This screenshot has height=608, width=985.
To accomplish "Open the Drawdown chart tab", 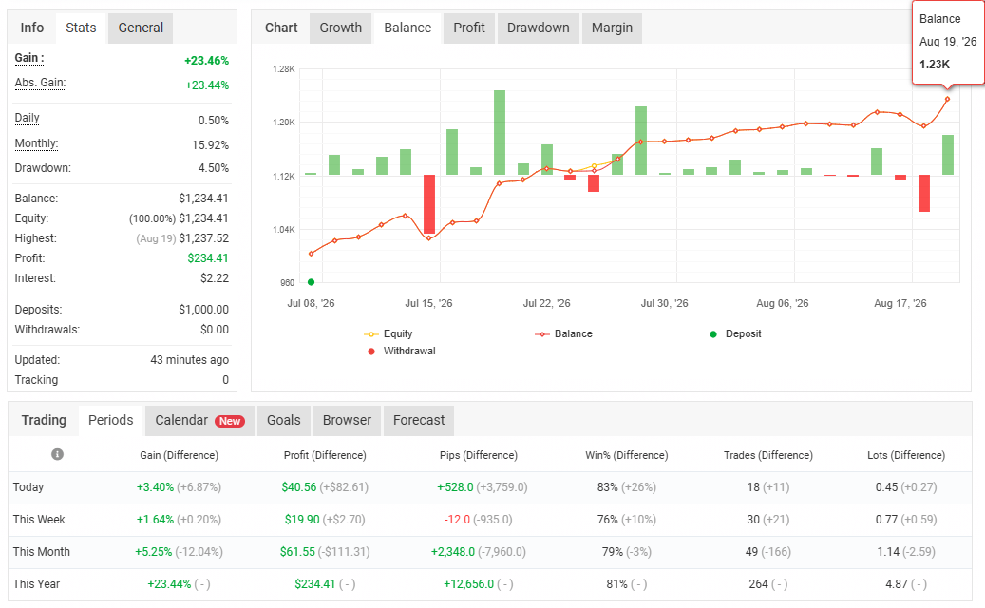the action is tap(539, 28).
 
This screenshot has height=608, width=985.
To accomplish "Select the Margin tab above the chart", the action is tap(612, 28).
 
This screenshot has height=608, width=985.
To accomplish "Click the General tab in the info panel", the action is tap(141, 28).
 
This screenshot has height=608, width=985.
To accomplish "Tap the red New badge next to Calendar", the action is tap(230, 421).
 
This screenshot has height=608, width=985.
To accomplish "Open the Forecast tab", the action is tap(419, 420).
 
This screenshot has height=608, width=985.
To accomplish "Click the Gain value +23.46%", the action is tap(207, 60).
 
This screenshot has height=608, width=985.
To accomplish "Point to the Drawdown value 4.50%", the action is tap(214, 168).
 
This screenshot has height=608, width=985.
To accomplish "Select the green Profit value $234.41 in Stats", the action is tap(208, 258).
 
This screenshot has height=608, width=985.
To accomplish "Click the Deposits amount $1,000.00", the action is tap(203, 309).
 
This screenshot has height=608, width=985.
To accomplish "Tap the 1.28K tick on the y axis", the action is tap(284, 69).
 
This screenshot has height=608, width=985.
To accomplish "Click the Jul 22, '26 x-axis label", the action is tap(546, 303).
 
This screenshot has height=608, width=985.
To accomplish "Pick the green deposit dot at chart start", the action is tap(311, 282).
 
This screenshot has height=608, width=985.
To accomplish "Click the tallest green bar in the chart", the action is tap(500, 133).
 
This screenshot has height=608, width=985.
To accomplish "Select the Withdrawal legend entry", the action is tap(402, 351).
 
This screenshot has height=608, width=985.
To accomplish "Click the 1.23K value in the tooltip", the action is tap(935, 64).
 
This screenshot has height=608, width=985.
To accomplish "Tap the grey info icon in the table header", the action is tap(57, 454).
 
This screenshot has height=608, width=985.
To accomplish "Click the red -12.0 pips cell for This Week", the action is tap(457, 520).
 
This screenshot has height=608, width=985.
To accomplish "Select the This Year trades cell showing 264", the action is tap(758, 584).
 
